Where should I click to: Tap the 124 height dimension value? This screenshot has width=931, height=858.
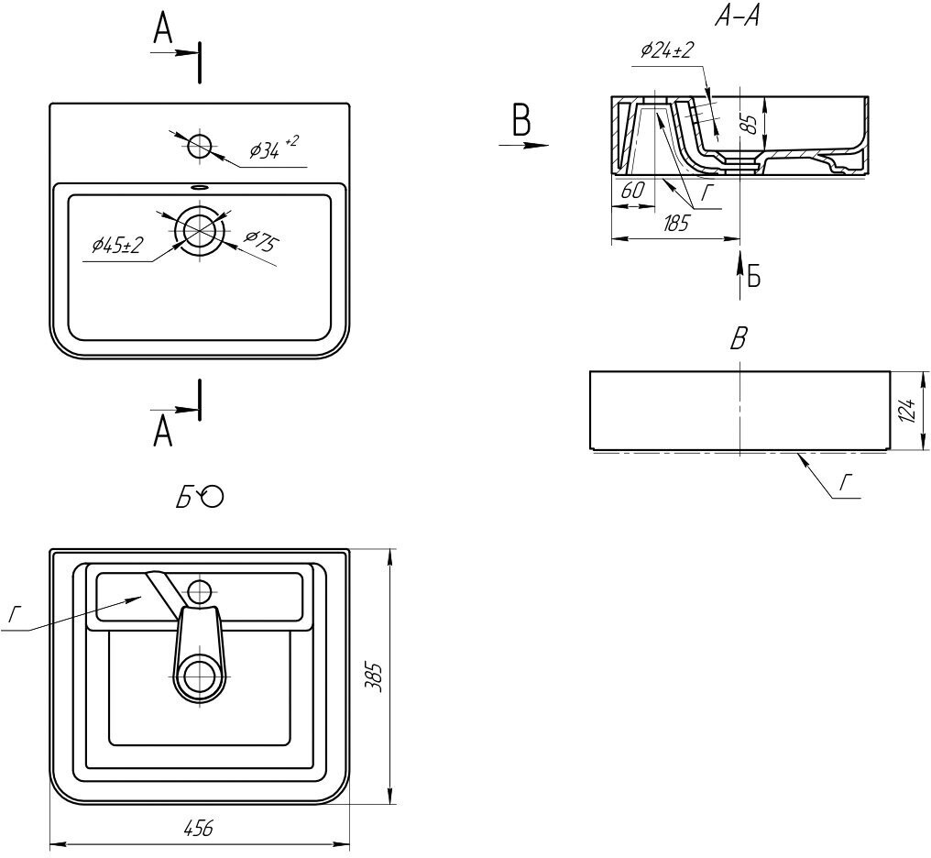pyautogui.click(x=906, y=411)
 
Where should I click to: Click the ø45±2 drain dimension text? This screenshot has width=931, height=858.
pyautogui.click(x=117, y=246)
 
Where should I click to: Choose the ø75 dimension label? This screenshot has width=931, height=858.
pyautogui.click(x=260, y=243)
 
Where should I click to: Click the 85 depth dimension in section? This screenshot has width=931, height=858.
pyautogui.click(x=750, y=124)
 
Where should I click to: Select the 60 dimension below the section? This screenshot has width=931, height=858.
pyautogui.click(x=632, y=192)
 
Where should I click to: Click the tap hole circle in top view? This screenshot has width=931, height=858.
pyautogui.click(x=199, y=146)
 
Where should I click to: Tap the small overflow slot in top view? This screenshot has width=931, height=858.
pyautogui.click(x=198, y=186)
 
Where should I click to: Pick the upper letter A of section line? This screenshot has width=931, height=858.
pyautogui.click(x=163, y=31)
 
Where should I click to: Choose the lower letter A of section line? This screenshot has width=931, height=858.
pyautogui.click(x=163, y=431)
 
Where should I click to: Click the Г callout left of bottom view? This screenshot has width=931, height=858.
pyautogui.click(x=13, y=616)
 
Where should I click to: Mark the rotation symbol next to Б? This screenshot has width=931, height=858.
pyautogui.click(x=213, y=497)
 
